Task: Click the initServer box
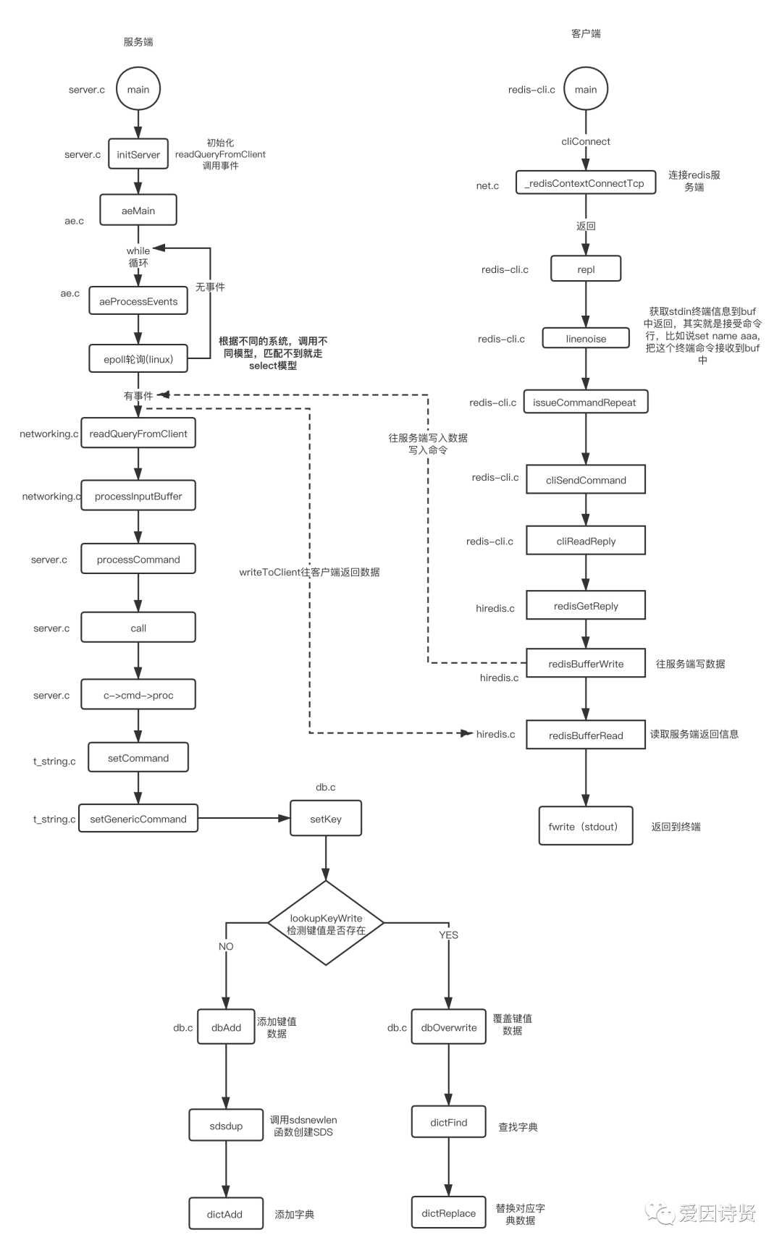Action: point(138,154)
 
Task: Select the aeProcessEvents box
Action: point(138,301)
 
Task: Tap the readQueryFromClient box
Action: point(138,434)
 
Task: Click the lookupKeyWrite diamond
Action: point(326,923)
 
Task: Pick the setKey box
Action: point(326,819)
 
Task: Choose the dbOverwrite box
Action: point(449,1027)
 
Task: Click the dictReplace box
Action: point(449,1213)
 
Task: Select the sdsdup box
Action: point(226,1126)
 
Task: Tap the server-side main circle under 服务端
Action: point(138,89)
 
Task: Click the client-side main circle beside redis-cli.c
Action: point(586,89)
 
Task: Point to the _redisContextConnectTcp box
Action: point(586,183)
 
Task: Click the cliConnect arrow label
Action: point(586,141)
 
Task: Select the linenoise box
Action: point(586,338)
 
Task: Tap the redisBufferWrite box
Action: point(586,664)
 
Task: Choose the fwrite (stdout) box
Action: point(586,826)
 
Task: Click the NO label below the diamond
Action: point(226,946)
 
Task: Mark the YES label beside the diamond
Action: point(448,935)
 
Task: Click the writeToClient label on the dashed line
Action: point(309,572)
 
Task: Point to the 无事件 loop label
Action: point(210,287)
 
